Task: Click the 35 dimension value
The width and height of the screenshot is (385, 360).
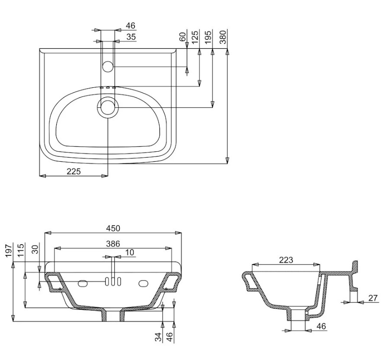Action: [131, 37]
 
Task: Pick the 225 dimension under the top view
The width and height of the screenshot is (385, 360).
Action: [74, 171]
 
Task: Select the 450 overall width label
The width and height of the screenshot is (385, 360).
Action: [113, 228]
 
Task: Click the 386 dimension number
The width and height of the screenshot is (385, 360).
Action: [113, 244]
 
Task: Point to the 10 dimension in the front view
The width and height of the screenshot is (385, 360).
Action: [130, 252]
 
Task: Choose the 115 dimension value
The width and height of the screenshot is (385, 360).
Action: [21, 251]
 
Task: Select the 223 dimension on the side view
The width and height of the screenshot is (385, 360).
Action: [286, 260]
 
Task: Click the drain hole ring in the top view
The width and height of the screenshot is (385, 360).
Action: [108, 107]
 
